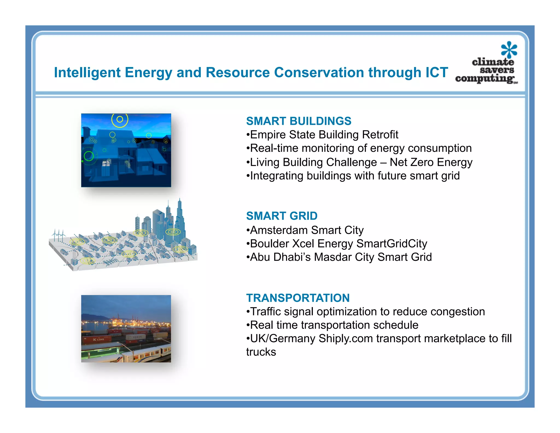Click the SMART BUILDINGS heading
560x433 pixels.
(x=298, y=121)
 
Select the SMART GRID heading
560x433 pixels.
(x=282, y=216)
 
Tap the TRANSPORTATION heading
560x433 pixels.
(x=298, y=298)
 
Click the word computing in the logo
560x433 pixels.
(x=484, y=79)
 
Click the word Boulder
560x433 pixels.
(x=269, y=244)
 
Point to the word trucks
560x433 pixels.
(x=261, y=352)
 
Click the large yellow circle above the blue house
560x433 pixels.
(x=120, y=120)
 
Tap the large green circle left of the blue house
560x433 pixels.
(x=89, y=156)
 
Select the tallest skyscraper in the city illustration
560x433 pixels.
(x=180, y=219)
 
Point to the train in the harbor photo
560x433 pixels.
(x=145, y=354)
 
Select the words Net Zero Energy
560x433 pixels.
(x=431, y=162)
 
